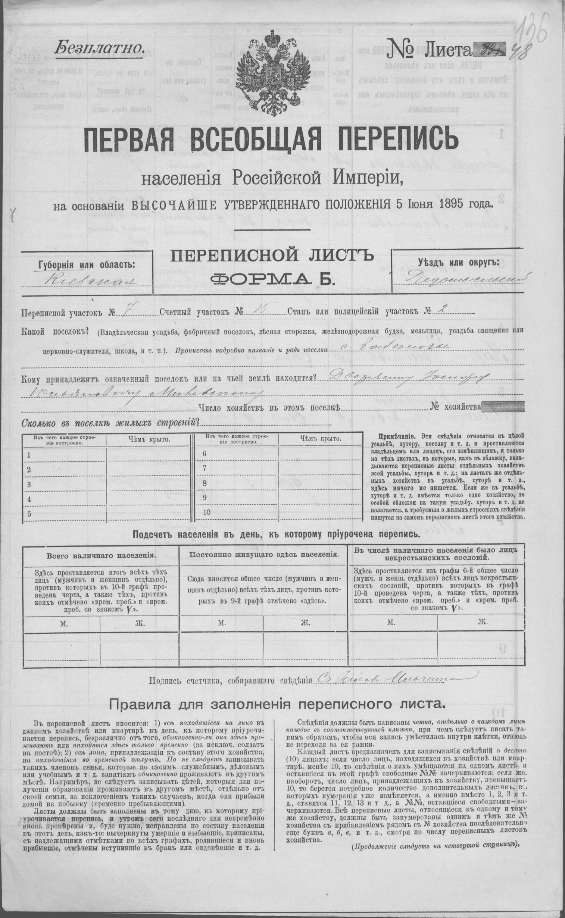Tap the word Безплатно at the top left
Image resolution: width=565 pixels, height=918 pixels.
[x=99, y=48]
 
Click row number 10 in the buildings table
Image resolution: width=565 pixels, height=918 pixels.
[x=207, y=512]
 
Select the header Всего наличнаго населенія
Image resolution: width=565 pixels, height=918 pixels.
[x=101, y=555]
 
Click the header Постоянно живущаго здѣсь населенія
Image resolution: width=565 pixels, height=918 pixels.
[x=264, y=555]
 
